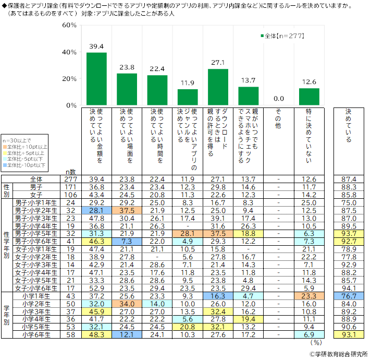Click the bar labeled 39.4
pyautogui.click(x=96, y=79)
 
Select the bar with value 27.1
pyautogui.click(x=218, y=87)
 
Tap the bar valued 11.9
pyautogui.click(x=188, y=97)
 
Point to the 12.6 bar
pyautogui.click(x=309, y=97)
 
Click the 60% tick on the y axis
pyautogui.click(x=69, y=25)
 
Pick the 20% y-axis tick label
pyautogui.click(x=69, y=79)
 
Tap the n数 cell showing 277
pyautogui.click(x=72, y=179)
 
